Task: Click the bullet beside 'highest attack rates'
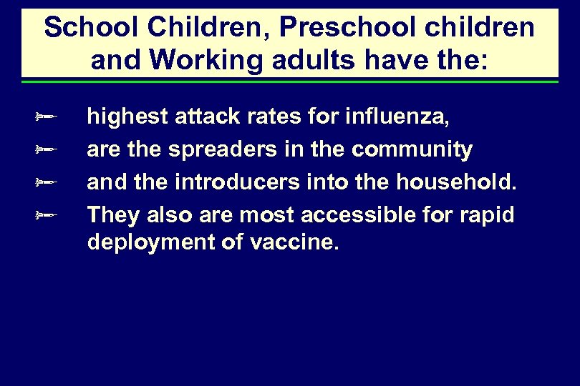(47, 116)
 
